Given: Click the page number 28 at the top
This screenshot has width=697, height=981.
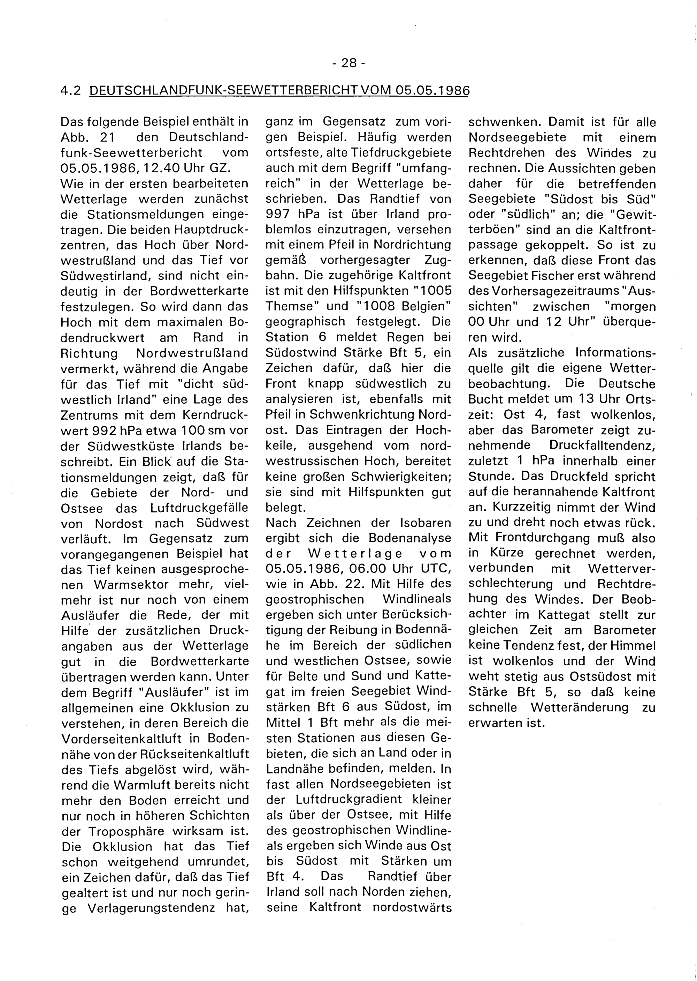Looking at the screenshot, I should pyautogui.click(x=348, y=63).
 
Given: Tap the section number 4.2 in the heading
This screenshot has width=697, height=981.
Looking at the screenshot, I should pyautogui.click(x=70, y=91).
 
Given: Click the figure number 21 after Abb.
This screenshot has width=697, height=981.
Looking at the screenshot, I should pyautogui.click(x=106, y=137).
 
